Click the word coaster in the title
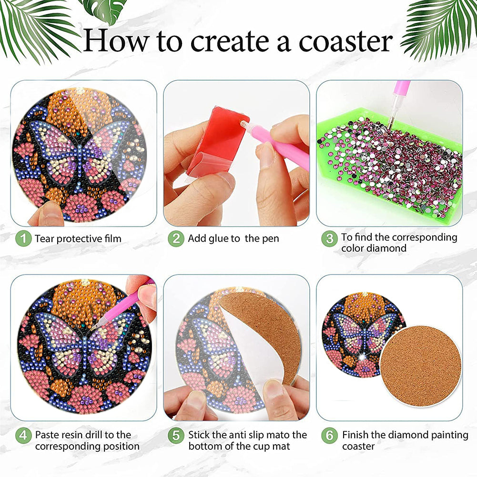(346, 41)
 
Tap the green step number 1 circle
(23, 238)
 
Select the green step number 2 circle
(176, 238)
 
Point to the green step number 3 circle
(329, 238)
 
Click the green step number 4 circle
(23, 436)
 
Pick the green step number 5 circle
(176, 436)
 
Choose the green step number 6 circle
(329, 436)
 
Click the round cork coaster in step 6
(421, 366)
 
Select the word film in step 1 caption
(112, 238)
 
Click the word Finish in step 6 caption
(355, 435)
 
